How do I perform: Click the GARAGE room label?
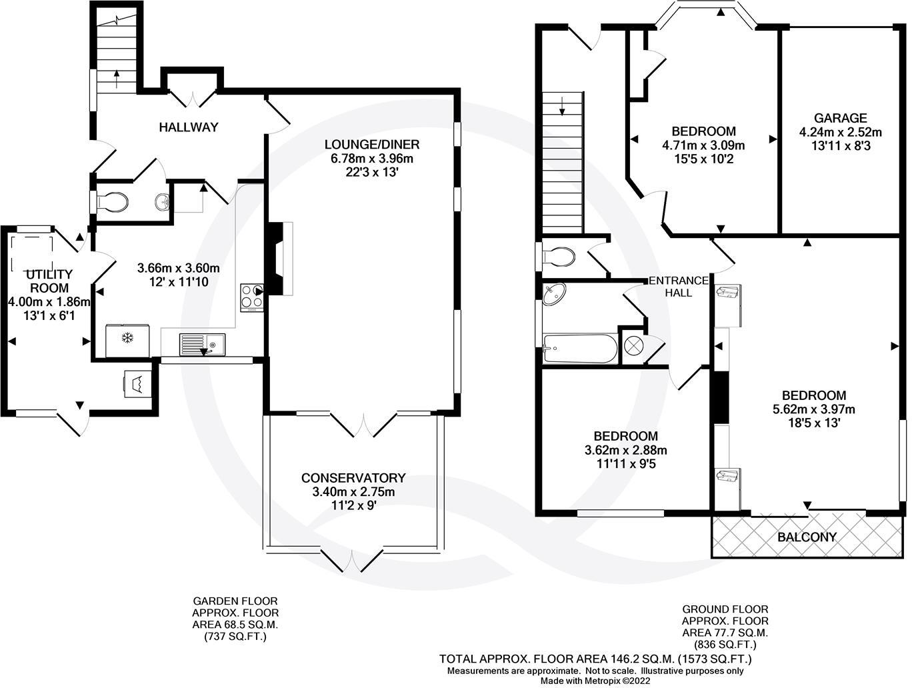840,118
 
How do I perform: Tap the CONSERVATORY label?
353,478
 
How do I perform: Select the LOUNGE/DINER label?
372,145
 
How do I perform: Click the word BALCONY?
807,537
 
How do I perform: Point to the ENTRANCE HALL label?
679,287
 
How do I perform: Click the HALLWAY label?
188,127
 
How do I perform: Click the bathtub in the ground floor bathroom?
579,349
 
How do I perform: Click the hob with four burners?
252,298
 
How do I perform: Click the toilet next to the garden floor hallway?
111,201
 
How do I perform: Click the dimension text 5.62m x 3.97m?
813,409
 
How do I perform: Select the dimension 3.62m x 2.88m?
625,450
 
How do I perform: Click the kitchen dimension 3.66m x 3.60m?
178,268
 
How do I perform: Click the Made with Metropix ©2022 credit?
595,681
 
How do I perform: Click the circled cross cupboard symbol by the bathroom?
633,346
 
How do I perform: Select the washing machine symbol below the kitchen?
137,384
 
